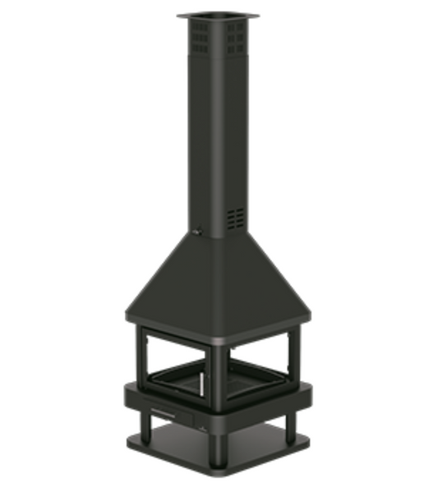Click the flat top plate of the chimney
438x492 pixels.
218,16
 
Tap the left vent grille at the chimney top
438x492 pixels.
200,36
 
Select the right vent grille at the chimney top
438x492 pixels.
236,37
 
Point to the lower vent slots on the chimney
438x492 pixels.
236,217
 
